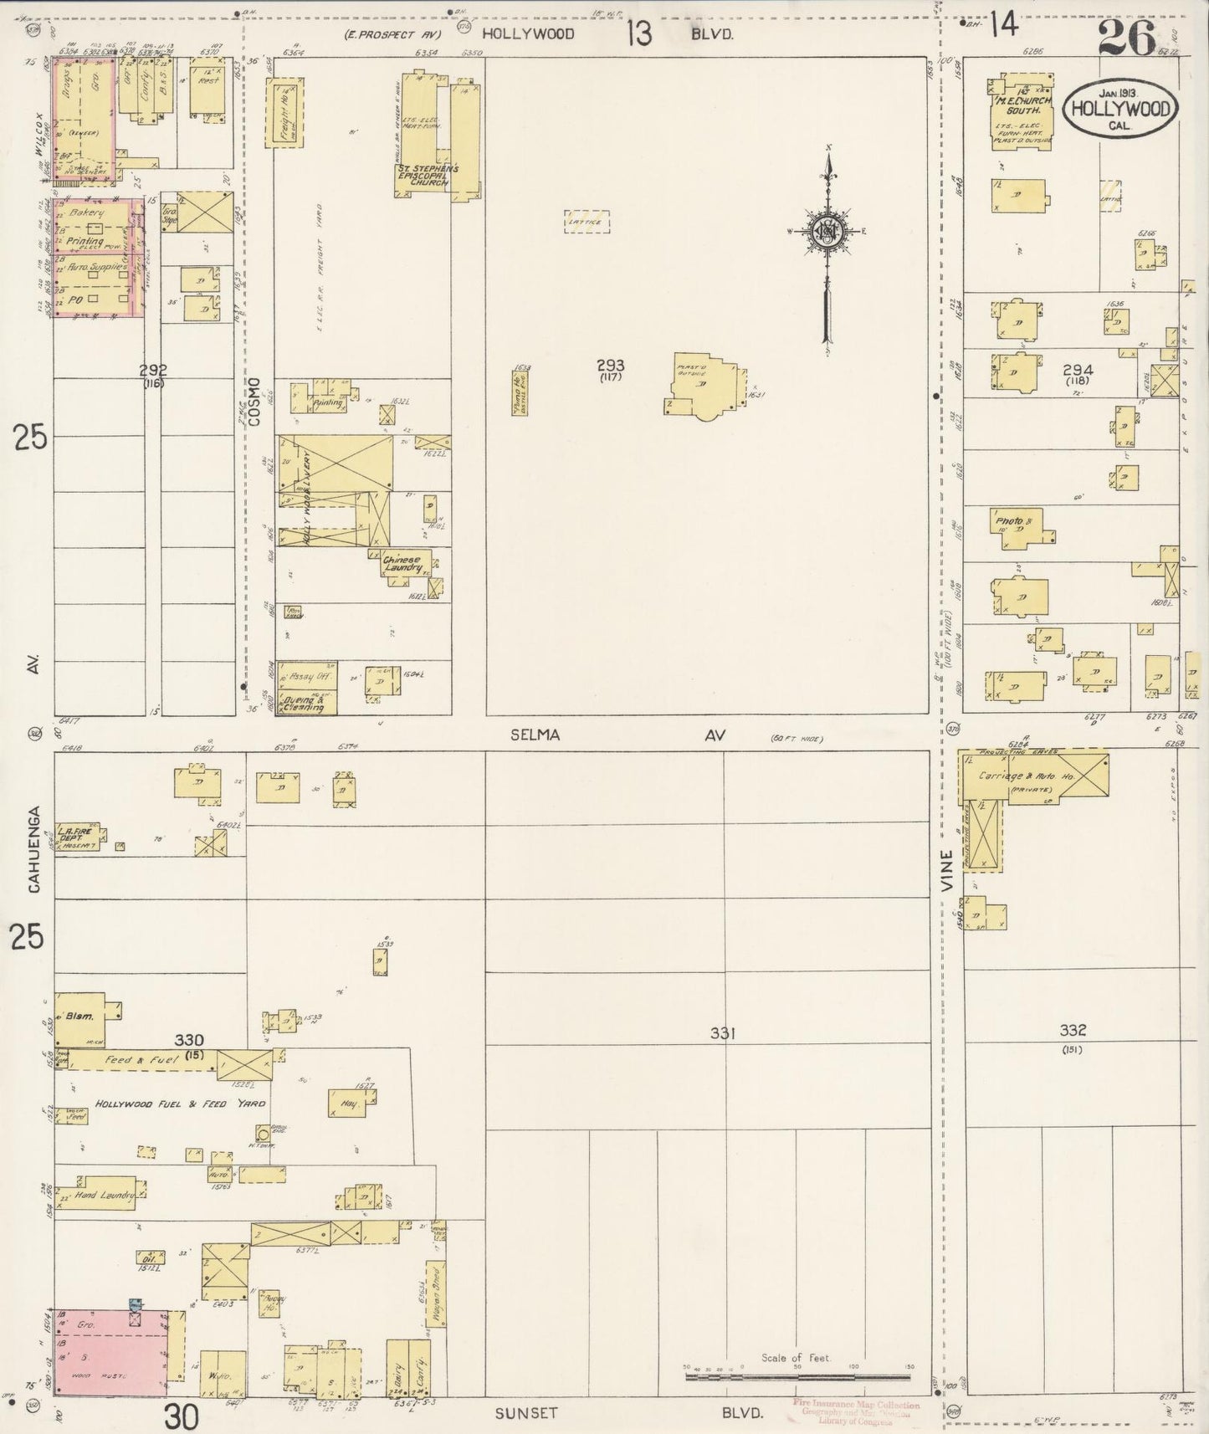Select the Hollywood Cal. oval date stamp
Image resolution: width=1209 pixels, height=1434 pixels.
click(x=1120, y=109)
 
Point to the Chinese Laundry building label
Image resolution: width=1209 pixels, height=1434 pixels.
click(x=403, y=563)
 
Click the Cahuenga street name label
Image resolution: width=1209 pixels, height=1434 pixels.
click(x=34, y=850)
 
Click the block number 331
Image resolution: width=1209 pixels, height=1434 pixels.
click(x=722, y=1033)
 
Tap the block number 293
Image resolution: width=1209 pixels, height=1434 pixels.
click(x=610, y=366)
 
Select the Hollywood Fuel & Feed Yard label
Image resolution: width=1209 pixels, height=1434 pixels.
click(x=180, y=1104)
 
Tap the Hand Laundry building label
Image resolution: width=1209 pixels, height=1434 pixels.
click(x=105, y=1196)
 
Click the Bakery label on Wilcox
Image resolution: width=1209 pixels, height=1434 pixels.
click(x=89, y=214)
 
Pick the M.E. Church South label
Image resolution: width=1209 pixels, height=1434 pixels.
click(x=1022, y=105)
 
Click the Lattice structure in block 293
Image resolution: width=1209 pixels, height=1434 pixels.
click(x=587, y=222)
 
